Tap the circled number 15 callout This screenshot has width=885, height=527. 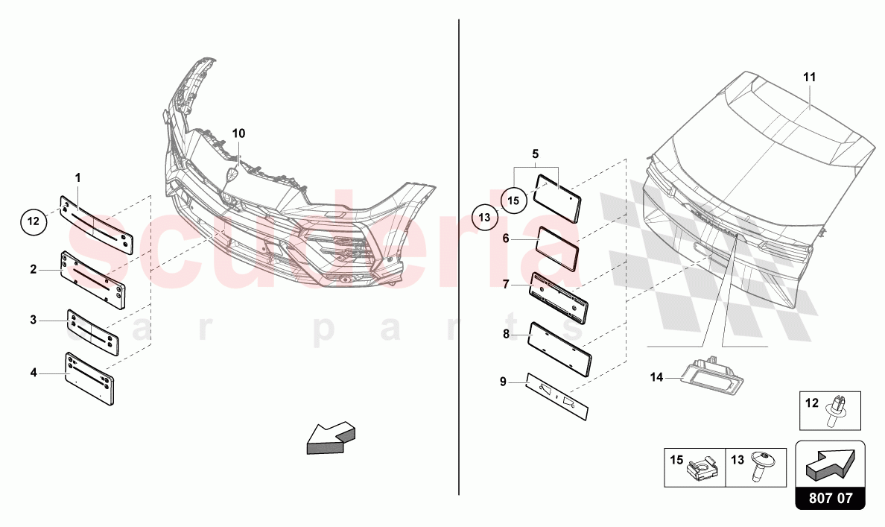pyautogui.click(x=513, y=200)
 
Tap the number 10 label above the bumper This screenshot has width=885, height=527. pyautogui.click(x=238, y=133)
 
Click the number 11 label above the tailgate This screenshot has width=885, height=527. pyautogui.click(x=810, y=77)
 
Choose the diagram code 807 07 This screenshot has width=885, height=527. pyautogui.click(x=831, y=498)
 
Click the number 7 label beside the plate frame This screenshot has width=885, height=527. pyautogui.click(x=505, y=284)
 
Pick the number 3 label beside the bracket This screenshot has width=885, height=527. pyautogui.click(x=34, y=320)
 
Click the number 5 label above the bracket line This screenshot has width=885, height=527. pyautogui.click(x=535, y=154)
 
